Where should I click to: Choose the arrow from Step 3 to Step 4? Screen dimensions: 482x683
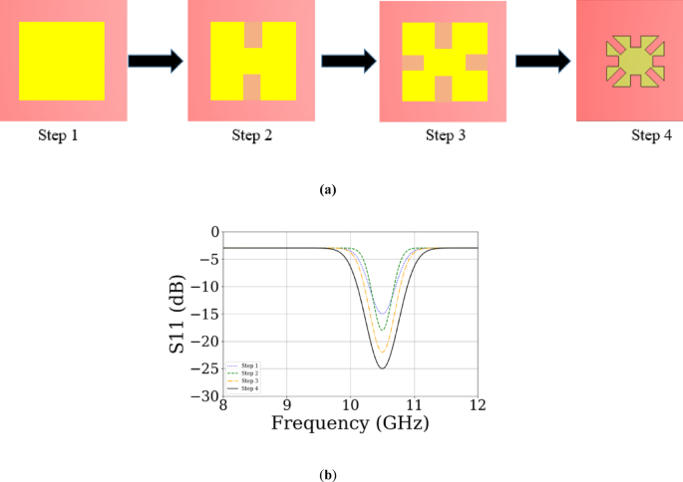[x=542, y=61]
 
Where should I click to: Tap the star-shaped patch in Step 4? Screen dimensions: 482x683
[x=630, y=63]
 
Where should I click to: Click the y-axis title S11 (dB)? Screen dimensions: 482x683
[x=177, y=313]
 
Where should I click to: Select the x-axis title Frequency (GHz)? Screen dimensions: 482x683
[x=350, y=423]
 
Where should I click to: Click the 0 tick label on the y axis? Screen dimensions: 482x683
[x=213, y=232]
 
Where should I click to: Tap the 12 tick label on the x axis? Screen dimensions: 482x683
[x=478, y=405]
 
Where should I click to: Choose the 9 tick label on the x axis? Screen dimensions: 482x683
[x=287, y=405]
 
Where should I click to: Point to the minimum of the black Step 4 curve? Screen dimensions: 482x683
[x=382, y=368]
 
